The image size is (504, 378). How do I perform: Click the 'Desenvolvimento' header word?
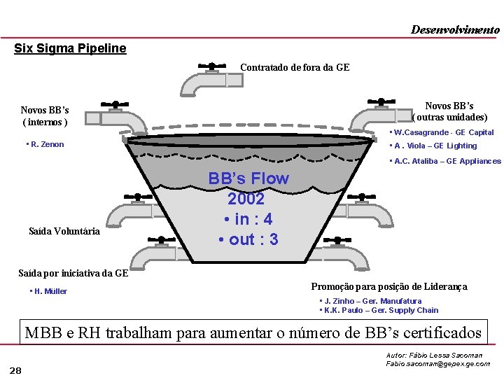[x=455, y=29]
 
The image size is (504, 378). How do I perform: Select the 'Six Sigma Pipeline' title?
[x=71, y=48]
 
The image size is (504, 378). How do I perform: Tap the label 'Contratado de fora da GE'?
[x=295, y=68]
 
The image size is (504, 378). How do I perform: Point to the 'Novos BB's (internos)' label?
[x=45, y=116]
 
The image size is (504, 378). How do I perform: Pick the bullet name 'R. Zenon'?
[x=46, y=145]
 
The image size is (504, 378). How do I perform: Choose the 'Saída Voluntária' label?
[x=64, y=231]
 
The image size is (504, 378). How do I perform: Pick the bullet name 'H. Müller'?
[x=49, y=291]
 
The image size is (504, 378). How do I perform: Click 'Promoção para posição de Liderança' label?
[x=389, y=286]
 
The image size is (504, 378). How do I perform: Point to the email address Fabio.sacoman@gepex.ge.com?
[x=438, y=364]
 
